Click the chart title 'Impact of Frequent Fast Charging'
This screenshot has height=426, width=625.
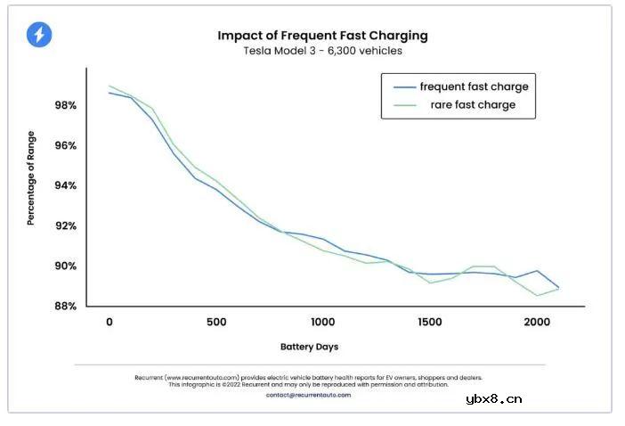[x=322, y=36]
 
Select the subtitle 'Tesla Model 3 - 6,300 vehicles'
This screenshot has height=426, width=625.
[x=322, y=51]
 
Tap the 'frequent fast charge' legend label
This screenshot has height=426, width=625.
[x=474, y=86]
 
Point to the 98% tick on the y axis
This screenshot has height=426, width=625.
[x=65, y=105]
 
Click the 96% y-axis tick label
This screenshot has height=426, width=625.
[x=65, y=145]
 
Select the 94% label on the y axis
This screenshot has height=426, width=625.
[x=65, y=185]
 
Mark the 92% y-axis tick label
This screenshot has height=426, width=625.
[x=65, y=225]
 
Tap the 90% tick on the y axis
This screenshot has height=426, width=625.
[x=65, y=266]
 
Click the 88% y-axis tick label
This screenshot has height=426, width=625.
[x=65, y=306]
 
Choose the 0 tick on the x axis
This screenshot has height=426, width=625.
[x=109, y=322]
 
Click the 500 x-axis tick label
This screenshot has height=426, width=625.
[x=215, y=322]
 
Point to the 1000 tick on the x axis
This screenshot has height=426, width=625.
[x=322, y=322]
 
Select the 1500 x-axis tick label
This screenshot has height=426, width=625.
[x=429, y=322]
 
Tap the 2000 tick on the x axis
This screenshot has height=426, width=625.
[x=536, y=322]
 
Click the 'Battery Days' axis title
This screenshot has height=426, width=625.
[x=309, y=346]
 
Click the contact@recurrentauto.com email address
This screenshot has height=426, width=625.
[x=308, y=395]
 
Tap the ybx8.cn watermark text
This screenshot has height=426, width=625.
[x=494, y=398]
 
